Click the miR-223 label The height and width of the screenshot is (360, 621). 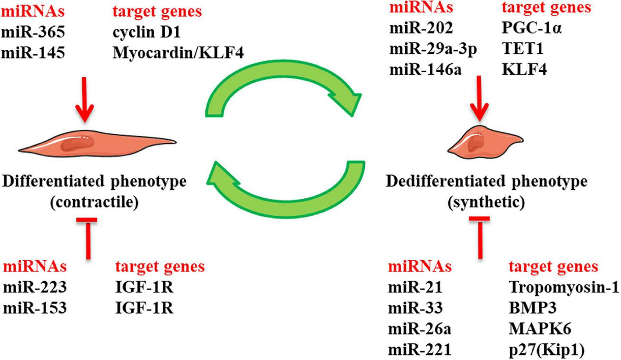point(35,288)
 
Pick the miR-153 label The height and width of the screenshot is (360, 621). point(35,308)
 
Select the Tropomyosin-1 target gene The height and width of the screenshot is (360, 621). point(564,288)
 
